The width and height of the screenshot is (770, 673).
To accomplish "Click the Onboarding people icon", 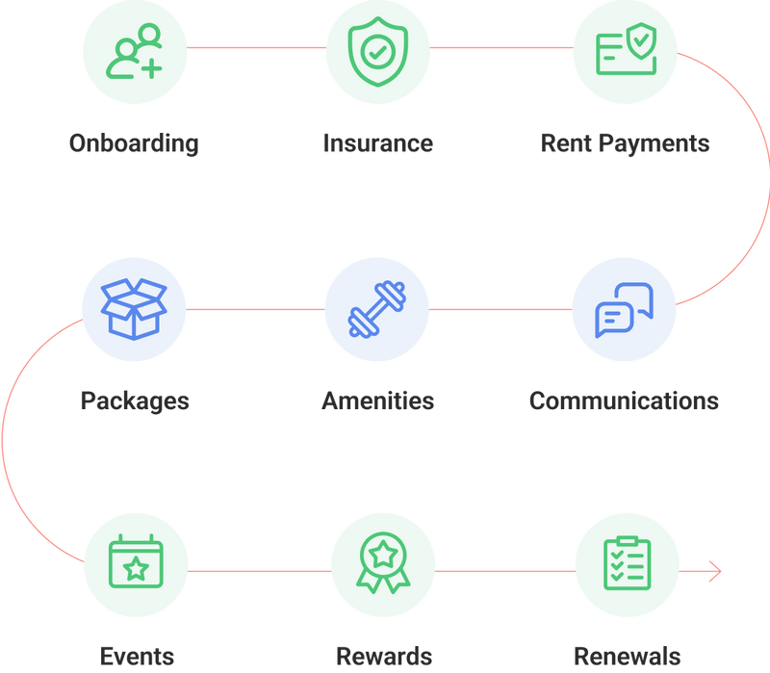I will pyautogui.click(x=136, y=50).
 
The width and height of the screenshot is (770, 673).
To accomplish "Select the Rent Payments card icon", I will pyautogui.click(x=626, y=50).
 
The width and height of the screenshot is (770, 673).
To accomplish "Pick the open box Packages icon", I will pyautogui.click(x=135, y=309).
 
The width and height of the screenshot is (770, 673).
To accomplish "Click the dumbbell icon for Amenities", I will pyautogui.click(x=377, y=309).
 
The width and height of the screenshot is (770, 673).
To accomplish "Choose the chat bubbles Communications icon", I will pyautogui.click(x=625, y=309).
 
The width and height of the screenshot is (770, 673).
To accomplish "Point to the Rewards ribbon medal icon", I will pyautogui.click(x=382, y=564).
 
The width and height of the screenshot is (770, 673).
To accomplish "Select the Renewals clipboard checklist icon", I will pyautogui.click(x=627, y=564).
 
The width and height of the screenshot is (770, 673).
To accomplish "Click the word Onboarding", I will pyautogui.click(x=134, y=143).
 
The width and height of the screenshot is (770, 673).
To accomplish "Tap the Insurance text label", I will pyautogui.click(x=377, y=143).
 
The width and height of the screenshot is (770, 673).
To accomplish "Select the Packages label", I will pyautogui.click(x=135, y=401).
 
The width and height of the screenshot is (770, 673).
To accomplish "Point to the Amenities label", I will pyautogui.click(x=377, y=401).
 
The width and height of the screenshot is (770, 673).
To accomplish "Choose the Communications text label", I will pyautogui.click(x=624, y=401).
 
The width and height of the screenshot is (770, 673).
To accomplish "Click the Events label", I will pyautogui.click(x=137, y=657).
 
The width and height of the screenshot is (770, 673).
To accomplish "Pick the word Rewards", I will pyautogui.click(x=383, y=657).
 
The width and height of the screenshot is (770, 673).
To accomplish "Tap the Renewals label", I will pyautogui.click(x=627, y=657).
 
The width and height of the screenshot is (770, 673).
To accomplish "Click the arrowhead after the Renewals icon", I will pyautogui.click(x=714, y=572).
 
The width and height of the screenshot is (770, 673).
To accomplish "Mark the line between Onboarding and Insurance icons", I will pyautogui.click(x=256, y=47).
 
